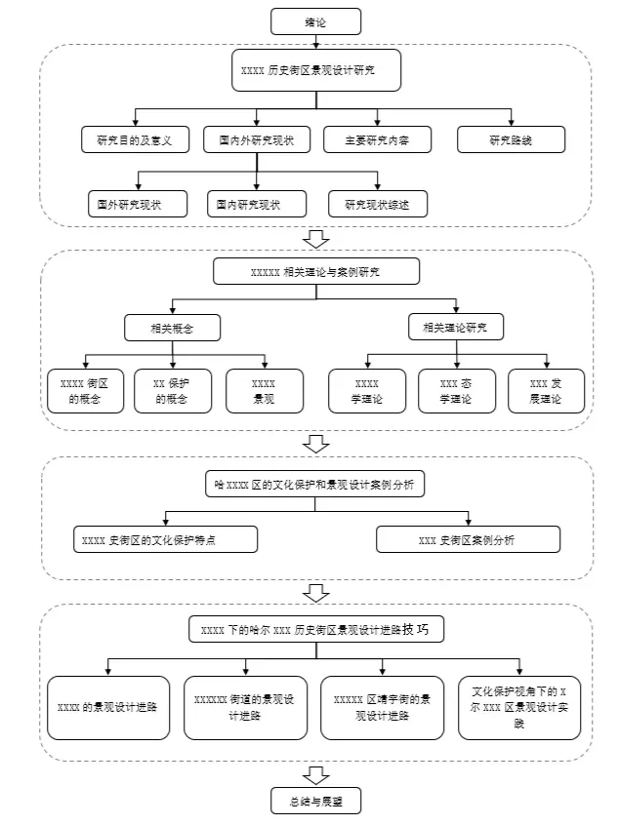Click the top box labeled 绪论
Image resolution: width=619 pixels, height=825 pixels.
coord(315,21)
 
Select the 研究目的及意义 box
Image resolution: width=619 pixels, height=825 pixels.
coord(135,140)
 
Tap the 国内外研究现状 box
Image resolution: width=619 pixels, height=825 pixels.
coord(257,140)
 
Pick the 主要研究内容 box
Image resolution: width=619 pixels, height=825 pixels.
coord(377,140)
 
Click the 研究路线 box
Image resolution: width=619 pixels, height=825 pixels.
coord(511,140)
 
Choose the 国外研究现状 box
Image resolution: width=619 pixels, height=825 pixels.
coord(138,204)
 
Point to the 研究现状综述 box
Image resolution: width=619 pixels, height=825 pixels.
coord(377,204)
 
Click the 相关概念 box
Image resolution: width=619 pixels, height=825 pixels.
coord(172,329)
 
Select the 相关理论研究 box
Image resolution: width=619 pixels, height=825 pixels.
coord(456,328)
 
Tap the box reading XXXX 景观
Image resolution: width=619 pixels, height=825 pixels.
coord(265,391)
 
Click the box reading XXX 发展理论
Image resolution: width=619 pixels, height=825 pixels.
coord(547,391)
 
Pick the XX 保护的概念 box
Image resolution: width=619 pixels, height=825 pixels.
coord(173,391)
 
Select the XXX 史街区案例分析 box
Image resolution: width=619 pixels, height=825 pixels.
coord(468,539)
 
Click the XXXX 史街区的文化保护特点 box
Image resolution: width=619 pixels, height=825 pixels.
coord(165,539)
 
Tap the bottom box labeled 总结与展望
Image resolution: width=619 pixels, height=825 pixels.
coord(315,801)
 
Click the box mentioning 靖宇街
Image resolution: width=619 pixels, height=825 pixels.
coord(382,708)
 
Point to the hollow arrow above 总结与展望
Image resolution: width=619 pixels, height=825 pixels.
coord(316,775)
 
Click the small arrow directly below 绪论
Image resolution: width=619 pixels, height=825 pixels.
coord(316,42)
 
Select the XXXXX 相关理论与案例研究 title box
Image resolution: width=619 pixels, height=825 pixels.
coord(316,271)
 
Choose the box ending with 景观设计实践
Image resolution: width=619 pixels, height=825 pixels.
coord(519,708)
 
